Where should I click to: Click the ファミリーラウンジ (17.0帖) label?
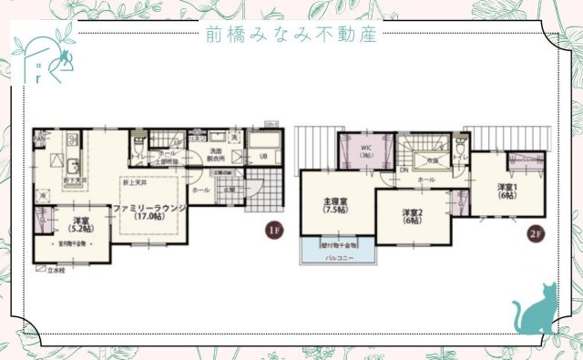[x=149, y=212]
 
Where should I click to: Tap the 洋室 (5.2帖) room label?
[x=79, y=224]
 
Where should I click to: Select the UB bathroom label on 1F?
[x=263, y=156]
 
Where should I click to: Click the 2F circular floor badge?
[x=538, y=231]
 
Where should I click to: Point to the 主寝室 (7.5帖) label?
[x=336, y=205]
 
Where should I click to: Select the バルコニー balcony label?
[x=338, y=258]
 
